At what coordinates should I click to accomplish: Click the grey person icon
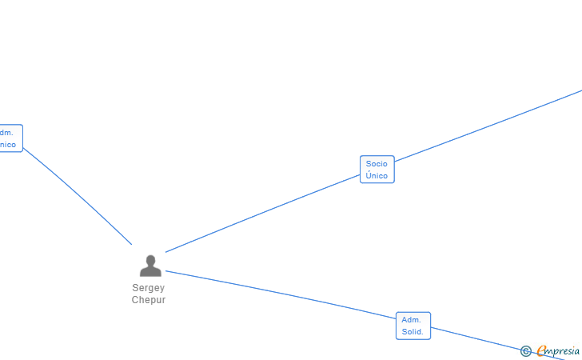tap(150, 266)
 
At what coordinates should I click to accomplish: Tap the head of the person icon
tap(150, 260)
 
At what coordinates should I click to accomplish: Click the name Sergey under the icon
tap(149, 288)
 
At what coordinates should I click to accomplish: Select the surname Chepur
tap(149, 300)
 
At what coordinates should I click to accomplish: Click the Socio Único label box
tap(377, 170)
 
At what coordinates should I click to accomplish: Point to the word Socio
tap(377, 164)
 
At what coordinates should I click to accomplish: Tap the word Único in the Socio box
tap(377, 176)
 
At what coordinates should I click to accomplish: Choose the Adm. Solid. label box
tap(413, 326)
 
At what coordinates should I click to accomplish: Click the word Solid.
tap(413, 332)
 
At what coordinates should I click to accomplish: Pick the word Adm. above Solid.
tap(411, 320)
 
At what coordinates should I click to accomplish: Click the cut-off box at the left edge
tap(10, 138)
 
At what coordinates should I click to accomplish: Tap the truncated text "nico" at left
tap(7, 145)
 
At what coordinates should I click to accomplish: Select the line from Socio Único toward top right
tap(488, 124)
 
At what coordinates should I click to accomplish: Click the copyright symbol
tap(525, 351)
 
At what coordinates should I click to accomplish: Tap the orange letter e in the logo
tap(541, 350)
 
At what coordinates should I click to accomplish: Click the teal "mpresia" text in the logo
tap(564, 350)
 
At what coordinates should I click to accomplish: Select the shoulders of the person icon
tap(150, 272)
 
